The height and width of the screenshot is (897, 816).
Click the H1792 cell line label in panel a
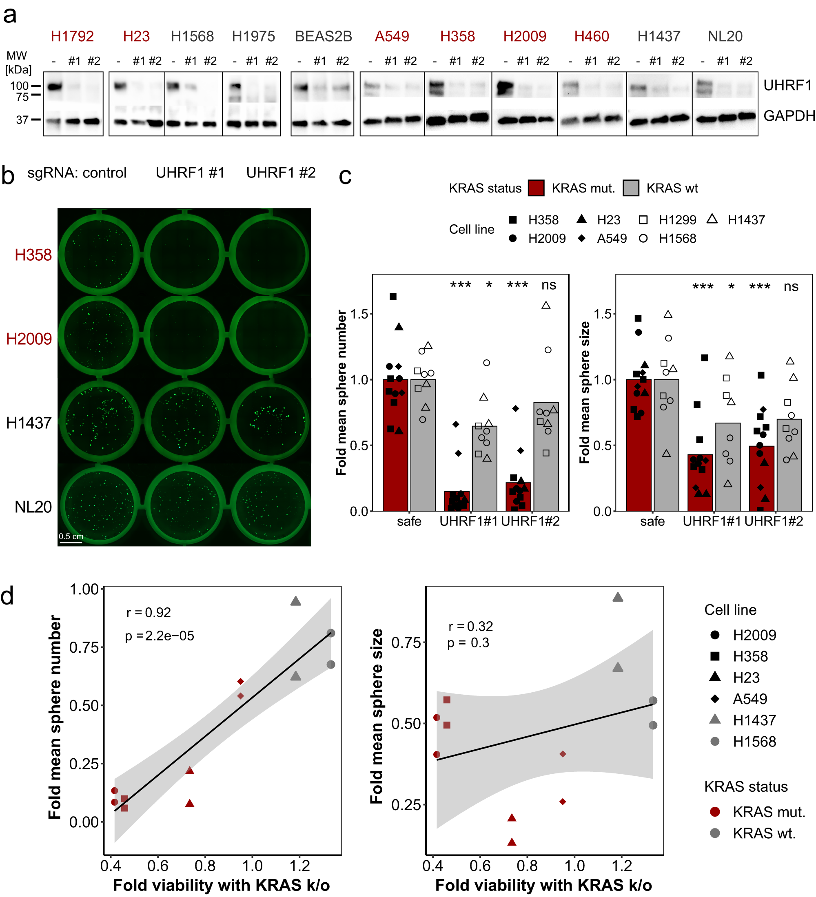coord(72,36)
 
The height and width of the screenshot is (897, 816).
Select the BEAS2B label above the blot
coord(324,36)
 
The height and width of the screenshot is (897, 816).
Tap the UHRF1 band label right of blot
coord(787,85)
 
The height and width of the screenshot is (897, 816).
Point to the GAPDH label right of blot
coord(788,116)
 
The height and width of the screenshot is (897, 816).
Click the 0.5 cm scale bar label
coord(71,536)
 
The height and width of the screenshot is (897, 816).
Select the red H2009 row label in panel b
coord(29,339)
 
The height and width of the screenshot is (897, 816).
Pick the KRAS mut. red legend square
coord(536,188)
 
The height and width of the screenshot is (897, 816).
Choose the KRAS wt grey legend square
coord(630,188)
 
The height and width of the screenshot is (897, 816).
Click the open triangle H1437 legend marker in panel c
coord(712,219)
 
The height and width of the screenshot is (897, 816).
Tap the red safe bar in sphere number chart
coord(395,445)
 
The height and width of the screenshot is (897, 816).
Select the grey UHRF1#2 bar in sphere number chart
coord(545,456)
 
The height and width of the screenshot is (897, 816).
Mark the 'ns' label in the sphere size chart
coord(791,286)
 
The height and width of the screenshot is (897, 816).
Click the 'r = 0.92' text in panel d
coord(149,613)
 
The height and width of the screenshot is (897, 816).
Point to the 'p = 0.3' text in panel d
coord(468,643)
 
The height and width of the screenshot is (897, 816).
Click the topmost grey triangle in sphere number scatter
coord(295,602)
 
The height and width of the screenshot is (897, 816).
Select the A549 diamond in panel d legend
coord(715,699)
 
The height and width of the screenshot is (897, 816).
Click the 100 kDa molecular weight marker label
coord(19,86)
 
